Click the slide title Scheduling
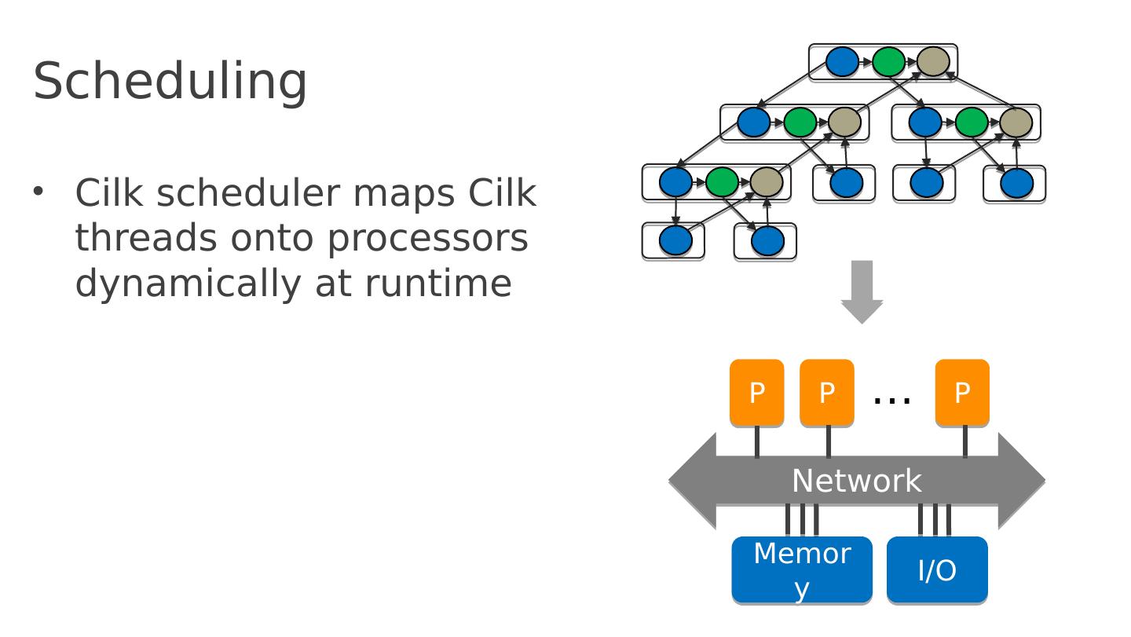170,81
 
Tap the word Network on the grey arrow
856,481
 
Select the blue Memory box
801,569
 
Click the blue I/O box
937,569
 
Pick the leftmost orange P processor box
756,393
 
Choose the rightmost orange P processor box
962,393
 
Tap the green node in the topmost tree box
888,61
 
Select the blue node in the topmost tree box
842,61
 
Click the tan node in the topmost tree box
933,61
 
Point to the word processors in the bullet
427,239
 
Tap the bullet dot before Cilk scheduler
38,191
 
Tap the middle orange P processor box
826,393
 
